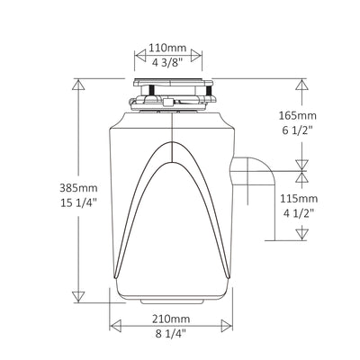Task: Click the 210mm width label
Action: (x=171, y=319)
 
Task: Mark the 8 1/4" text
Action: (x=171, y=335)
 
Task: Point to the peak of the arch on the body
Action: (x=173, y=144)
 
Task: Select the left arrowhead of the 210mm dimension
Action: (x=112, y=327)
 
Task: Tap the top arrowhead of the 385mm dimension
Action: (x=77, y=85)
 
